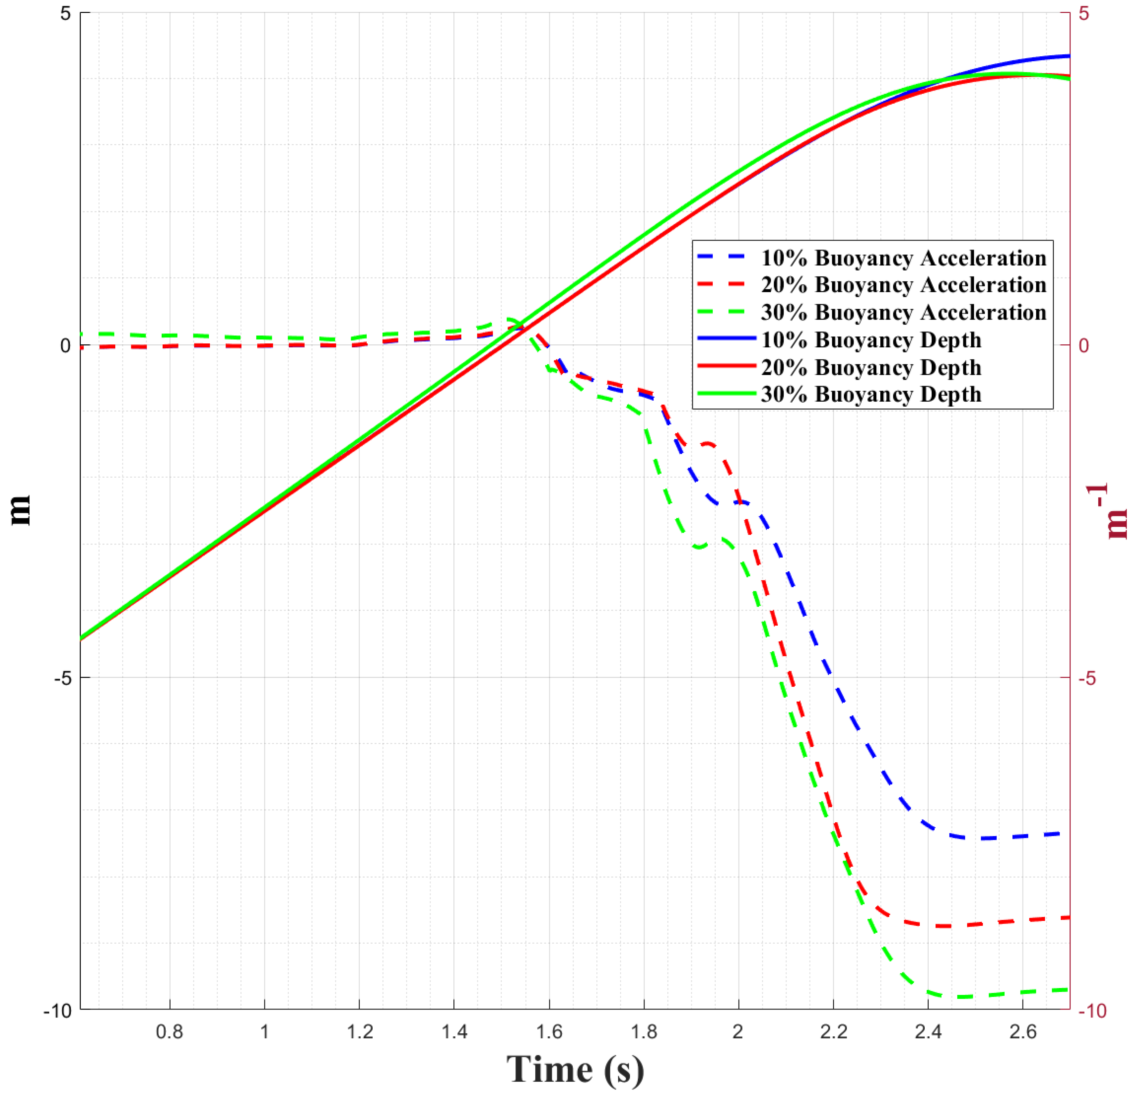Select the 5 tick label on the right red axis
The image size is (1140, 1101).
point(1084,13)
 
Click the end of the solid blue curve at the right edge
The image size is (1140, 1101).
point(1068,56)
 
